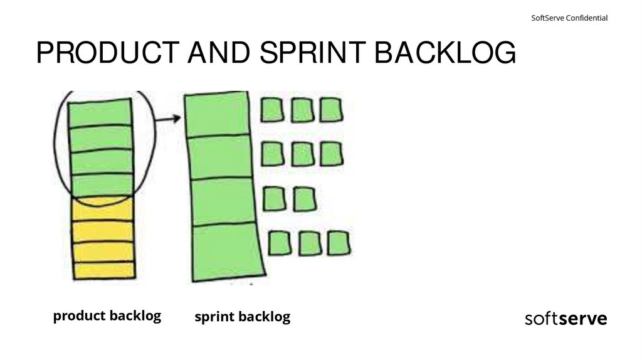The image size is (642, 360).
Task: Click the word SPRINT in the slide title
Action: [x=311, y=53]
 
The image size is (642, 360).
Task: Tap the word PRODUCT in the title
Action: [x=100, y=53]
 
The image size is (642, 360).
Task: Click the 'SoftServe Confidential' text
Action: [x=569, y=18]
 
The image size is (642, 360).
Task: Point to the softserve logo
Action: [x=566, y=319]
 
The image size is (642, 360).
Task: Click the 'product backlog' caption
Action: [x=107, y=315]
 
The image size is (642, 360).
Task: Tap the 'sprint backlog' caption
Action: [x=242, y=317]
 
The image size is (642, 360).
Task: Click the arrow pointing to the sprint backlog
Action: [x=167, y=118]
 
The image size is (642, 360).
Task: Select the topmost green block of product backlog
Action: [x=100, y=115]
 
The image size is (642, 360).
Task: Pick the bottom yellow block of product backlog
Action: [x=103, y=270]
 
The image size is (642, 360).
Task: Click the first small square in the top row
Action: [x=272, y=110]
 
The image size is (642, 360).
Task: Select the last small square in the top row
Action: [x=330, y=110]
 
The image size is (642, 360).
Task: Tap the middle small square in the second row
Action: [x=302, y=154]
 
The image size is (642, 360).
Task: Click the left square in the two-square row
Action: [x=273, y=199]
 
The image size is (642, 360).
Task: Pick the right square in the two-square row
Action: [x=304, y=199]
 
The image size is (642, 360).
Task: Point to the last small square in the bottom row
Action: [x=339, y=243]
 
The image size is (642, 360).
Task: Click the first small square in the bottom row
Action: [x=280, y=243]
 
